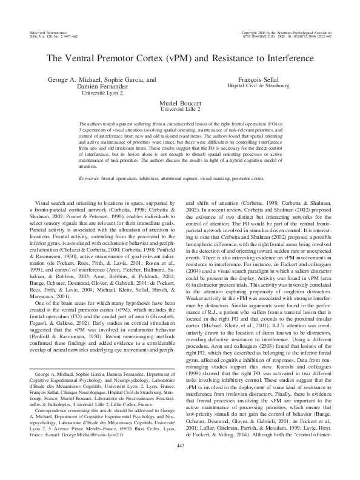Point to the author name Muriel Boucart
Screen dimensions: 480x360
click(179, 104)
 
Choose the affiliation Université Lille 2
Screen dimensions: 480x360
click(179, 111)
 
